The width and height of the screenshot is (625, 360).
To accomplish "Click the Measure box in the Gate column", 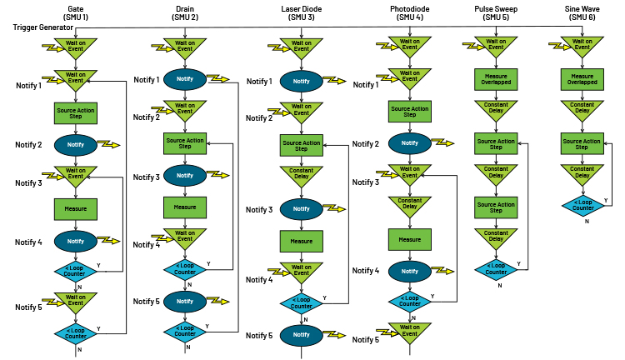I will [76, 207].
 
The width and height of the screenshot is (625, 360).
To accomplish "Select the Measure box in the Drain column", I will [185, 206].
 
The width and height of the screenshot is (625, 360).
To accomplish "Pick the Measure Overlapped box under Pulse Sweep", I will [496, 79].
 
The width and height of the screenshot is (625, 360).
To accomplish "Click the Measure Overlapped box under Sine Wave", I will [582, 79].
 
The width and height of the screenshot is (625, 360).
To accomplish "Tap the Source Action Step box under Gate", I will [76, 111].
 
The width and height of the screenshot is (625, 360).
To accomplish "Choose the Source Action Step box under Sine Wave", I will [582, 143].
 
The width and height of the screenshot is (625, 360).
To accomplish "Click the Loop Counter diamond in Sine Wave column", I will [582, 205].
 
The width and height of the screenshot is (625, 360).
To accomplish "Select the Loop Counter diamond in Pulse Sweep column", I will [496, 269].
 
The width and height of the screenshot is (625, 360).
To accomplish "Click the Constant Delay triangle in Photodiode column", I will [409, 205].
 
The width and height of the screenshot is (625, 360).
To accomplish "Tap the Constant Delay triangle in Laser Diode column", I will [302, 175].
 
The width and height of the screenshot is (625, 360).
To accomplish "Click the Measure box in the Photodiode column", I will [409, 239].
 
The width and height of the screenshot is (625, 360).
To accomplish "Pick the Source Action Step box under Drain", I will [185, 143].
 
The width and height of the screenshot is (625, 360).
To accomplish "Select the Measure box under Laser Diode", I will [302, 242].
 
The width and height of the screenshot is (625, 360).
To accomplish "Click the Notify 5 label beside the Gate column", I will [28, 307].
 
